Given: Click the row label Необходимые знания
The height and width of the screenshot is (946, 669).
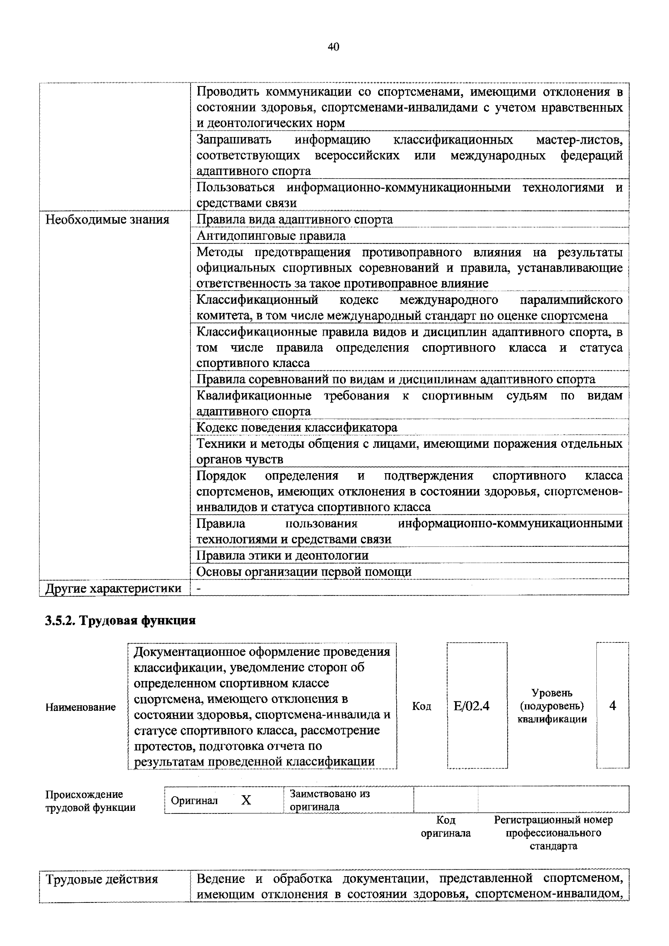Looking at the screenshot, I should coord(107,220).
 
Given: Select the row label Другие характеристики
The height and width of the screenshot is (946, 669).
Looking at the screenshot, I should coord(113,588).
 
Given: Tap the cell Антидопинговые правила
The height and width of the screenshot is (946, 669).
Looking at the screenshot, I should coord(271,236).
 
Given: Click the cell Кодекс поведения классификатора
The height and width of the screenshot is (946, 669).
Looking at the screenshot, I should coord(297,427).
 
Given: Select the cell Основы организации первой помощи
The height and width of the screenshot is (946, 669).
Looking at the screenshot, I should coord(303,572).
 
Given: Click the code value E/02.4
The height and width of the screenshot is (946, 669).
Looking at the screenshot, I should coord(471,706).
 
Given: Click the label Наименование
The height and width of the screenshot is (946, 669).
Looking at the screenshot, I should coord(81,707).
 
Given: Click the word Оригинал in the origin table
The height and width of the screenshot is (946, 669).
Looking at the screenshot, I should coord(194,801).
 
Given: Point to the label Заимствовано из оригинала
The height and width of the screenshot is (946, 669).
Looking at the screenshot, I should coord(330,800).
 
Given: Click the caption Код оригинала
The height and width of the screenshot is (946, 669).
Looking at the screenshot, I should coord(445,827).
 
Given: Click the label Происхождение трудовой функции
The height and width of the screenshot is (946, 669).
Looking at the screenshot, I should coord(90,801).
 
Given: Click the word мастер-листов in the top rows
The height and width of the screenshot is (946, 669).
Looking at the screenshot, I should coord(579,140).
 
